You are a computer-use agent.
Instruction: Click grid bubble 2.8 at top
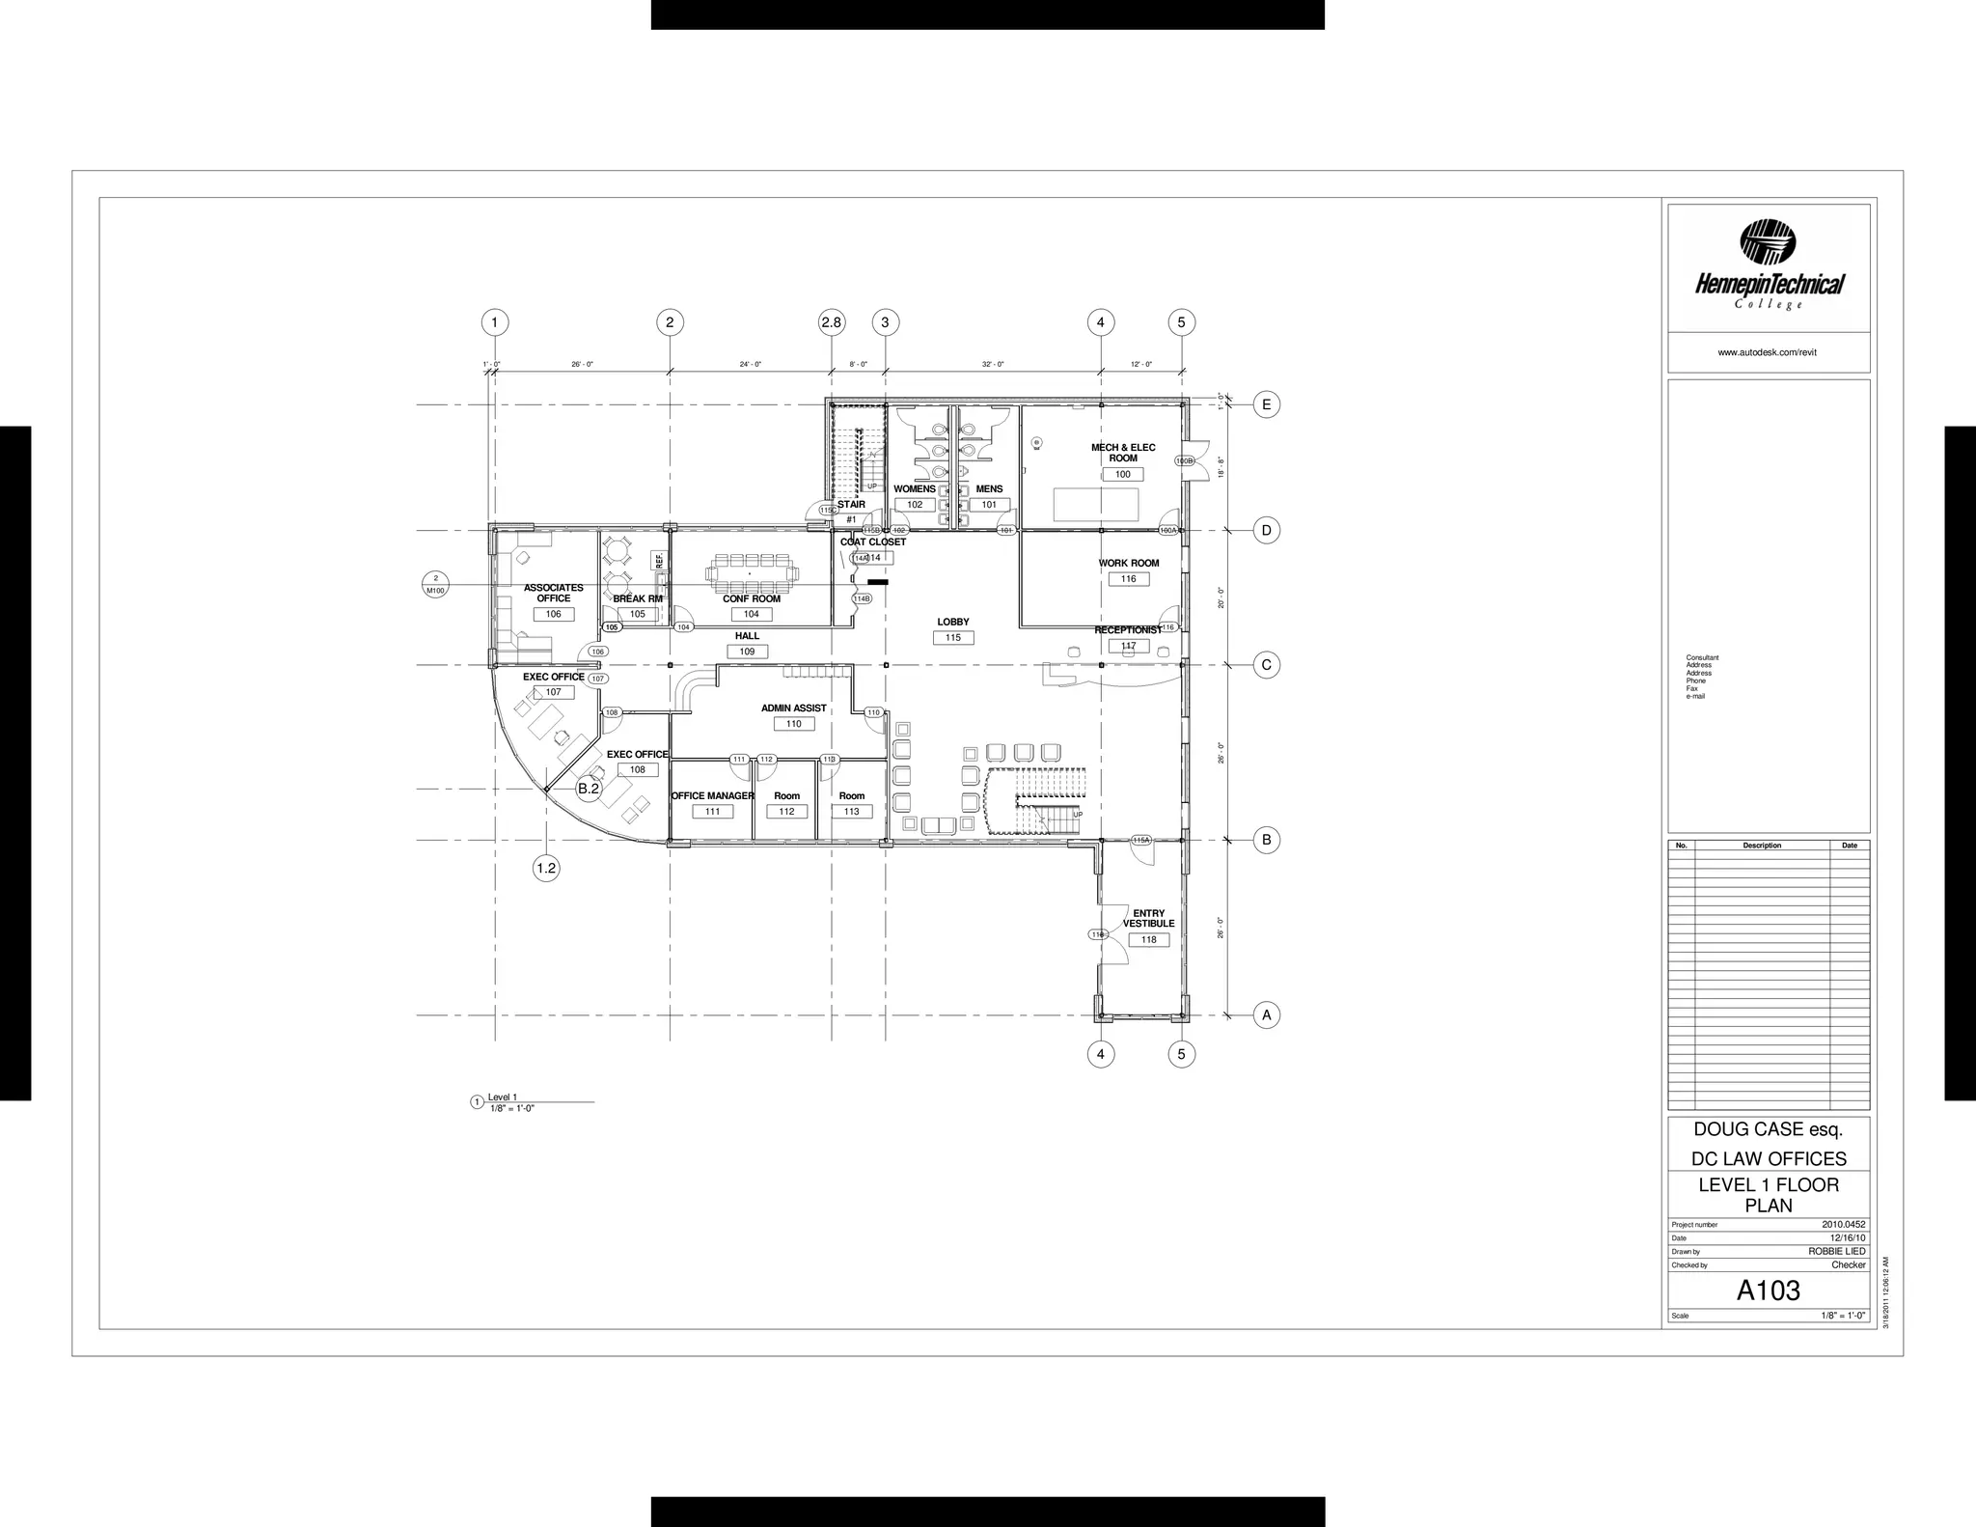pyautogui.click(x=832, y=322)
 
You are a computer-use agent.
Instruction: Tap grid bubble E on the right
pyautogui.click(x=1267, y=404)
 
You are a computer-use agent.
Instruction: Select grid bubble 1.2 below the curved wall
pyautogui.click(x=546, y=868)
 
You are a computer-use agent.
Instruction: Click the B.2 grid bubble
pyautogui.click(x=589, y=789)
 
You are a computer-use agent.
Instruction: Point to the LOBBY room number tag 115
pyautogui.click(x=953, y=638)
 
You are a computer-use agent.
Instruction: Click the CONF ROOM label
pyautogui.click(x=752, y=599)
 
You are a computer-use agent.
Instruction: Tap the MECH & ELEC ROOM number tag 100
pyautogui.click(x=1123, y=475)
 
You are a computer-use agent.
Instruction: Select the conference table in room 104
pyautogui.click(x=753, y=572)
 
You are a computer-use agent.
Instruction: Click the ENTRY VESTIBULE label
pyautogui.click(x=1148, y=918)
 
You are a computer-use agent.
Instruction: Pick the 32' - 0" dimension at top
pyautogui.click(x=993, y=365)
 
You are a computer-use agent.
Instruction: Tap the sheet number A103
pyautogui.click(x=1768, y=1291)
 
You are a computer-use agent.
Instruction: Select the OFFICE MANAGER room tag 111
pyautogui.click(x=712, y=812)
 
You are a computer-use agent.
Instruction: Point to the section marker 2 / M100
pyautogui.click(x=435, y=584)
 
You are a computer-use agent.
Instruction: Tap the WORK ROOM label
pyautogui.click(x=1129, y=564)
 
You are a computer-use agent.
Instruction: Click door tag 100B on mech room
pyautogui.click(x=1185, y=461)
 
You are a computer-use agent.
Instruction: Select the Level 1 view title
pyautogui.click(x=503, y=1097)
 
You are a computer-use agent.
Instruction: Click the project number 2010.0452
pyautogui.click(x=1843, y=1224)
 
